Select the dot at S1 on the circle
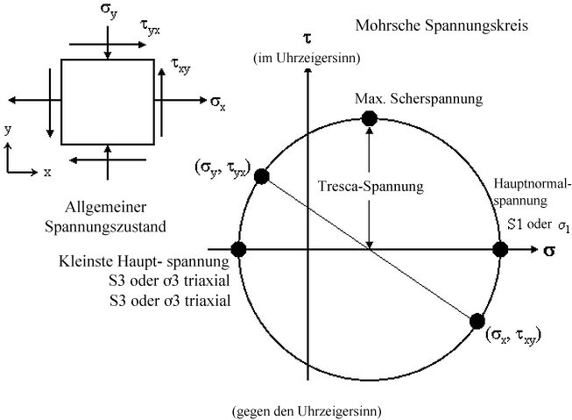pyautogui.click(x=500, y=250)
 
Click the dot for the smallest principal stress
pyautogui.click(x=237, y=250)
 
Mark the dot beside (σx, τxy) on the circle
pyautogui.click(x=477, y=322)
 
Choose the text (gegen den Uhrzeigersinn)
pyautogui.click(x=307, y=409)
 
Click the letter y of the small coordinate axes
pyautogui.click(x=8, y=129)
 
